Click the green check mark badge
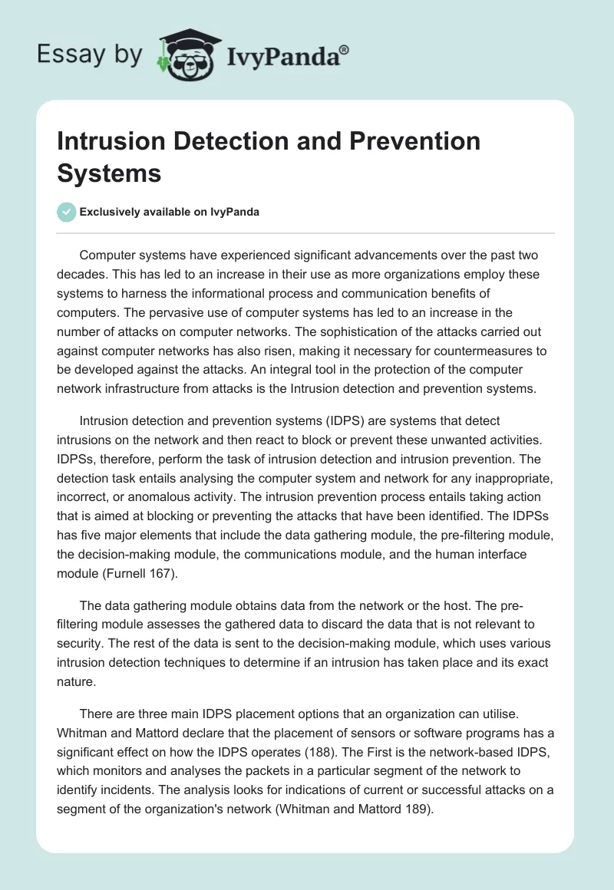(67, 213)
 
